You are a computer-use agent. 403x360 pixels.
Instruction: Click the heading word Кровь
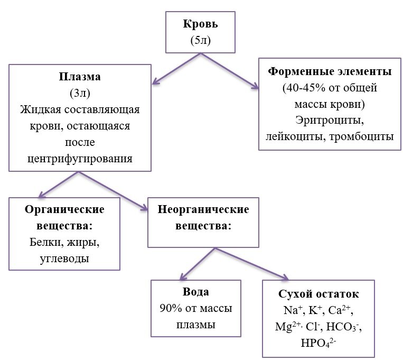coord(200,24)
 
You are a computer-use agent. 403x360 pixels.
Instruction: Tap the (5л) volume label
coord(200,41)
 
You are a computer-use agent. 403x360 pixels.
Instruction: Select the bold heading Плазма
coord(80,77)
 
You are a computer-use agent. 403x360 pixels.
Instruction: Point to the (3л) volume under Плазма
coord(79,94)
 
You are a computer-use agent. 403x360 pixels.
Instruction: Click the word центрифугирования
coord(80,159)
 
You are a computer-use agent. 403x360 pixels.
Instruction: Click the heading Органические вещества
coord(65,217)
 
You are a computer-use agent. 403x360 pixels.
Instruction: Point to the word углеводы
coord(65,259)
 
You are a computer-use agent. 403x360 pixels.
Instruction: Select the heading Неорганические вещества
coord(203,217)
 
